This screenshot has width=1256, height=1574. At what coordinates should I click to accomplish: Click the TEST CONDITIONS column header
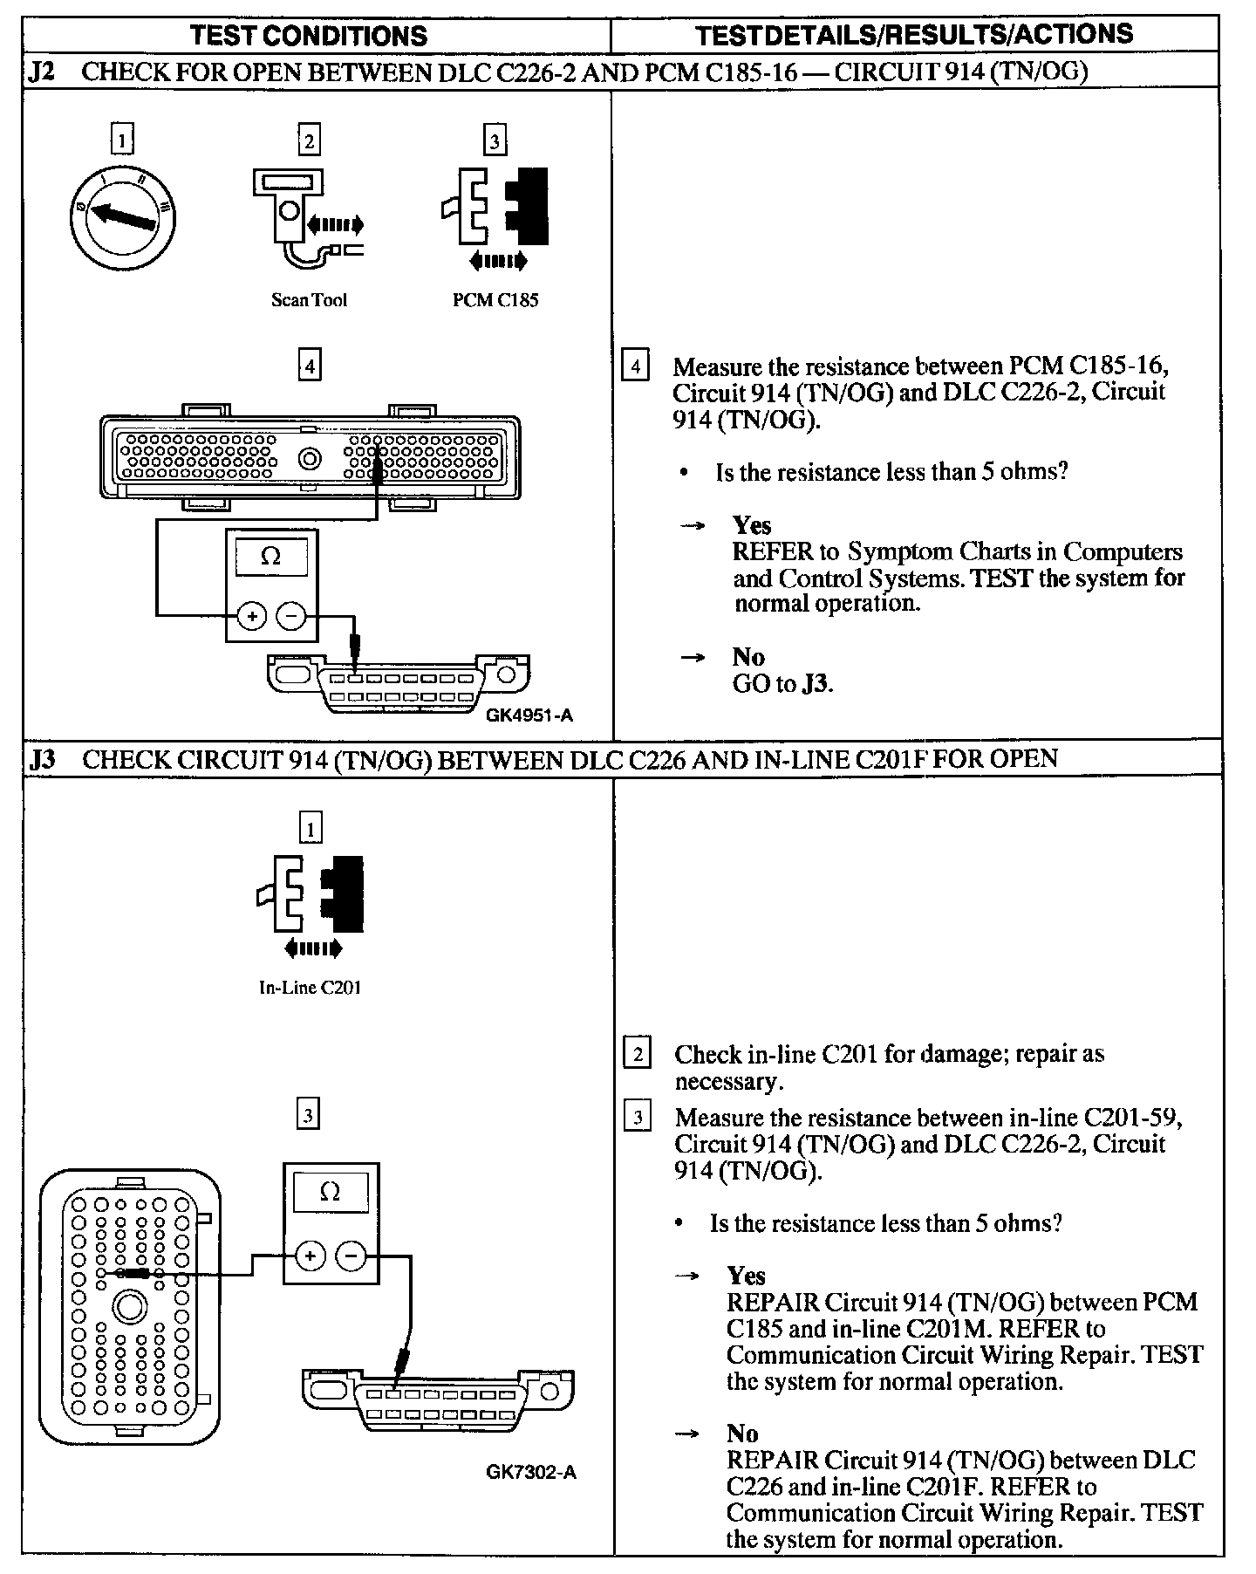tap(309, 36)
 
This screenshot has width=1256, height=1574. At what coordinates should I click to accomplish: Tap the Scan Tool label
tap(309, 300)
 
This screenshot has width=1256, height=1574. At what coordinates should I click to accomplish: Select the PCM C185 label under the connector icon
tap(495, 300)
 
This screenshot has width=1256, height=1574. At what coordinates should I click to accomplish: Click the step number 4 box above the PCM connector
tap(309, 364)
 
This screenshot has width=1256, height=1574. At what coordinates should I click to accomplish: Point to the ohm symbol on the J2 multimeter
tap(270, 557)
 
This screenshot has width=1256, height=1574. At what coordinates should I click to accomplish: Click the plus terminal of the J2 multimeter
tap(252, 617)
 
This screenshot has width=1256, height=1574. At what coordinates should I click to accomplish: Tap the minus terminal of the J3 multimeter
tap(352, 1256)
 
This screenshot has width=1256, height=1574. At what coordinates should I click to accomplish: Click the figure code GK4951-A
tap(529, 715)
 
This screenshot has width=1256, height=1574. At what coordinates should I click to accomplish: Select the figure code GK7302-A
tap(531, 1472)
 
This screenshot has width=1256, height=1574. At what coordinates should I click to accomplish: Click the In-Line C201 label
tap(310, 988)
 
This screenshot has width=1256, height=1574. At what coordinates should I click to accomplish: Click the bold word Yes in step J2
tap(752, 525)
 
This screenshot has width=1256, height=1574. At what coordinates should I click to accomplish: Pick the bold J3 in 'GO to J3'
tap(815, 683)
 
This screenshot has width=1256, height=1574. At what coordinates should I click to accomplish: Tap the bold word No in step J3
tap(742, 1434)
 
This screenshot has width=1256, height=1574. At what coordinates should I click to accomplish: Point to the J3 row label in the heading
tap(43, 759)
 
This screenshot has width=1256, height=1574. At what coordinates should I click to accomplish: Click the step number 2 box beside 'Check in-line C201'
tap(637, 1054)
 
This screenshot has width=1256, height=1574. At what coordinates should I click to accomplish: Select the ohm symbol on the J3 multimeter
tap(330, 1192)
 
